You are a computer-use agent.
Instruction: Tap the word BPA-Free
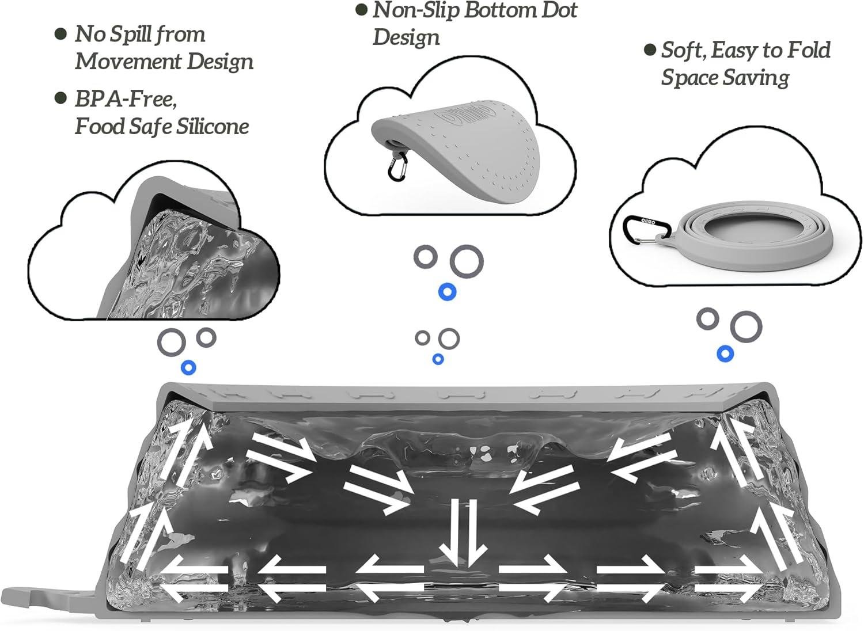(125, 99)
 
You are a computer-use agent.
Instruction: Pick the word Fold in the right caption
(808, 50)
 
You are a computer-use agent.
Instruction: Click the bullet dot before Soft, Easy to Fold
(650, 50)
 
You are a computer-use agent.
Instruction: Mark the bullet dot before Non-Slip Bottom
(362, 10)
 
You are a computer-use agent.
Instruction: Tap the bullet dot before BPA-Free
(60, 98)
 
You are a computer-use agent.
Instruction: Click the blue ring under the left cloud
(188, 367)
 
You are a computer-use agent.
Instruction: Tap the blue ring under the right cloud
(725, 353)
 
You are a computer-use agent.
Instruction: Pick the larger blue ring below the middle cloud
(447, 292)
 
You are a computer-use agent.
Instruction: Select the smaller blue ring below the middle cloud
(438, 359)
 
